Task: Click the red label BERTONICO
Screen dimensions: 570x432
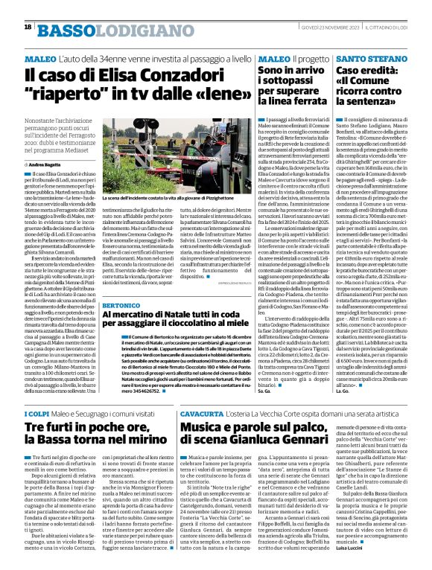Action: (x=118, y=307)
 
